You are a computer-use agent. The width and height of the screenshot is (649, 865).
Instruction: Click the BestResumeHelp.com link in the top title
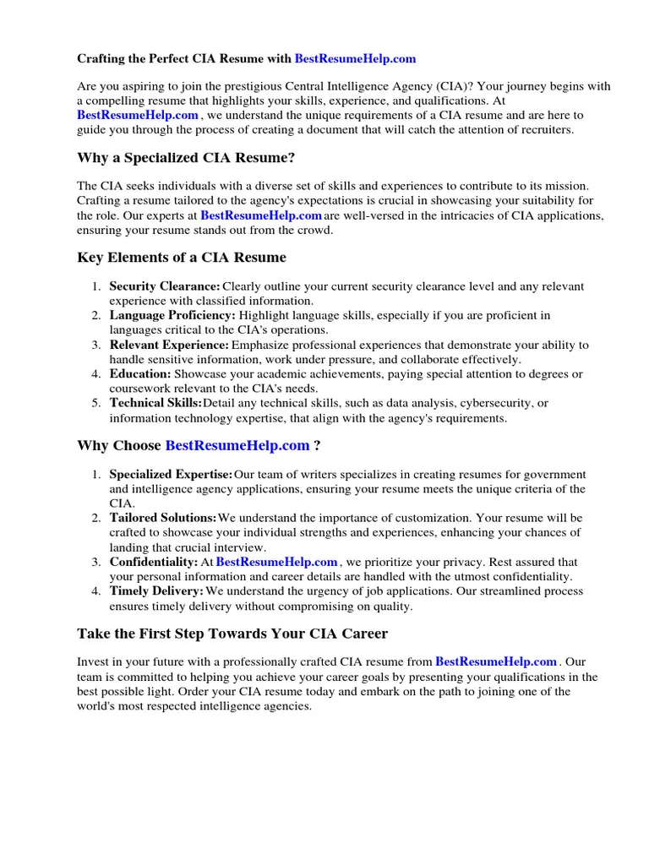coord(355,59)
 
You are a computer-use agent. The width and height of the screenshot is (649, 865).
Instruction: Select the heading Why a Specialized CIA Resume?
coord(187,157)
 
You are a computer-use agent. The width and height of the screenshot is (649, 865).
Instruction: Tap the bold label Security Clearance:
coord(165,286)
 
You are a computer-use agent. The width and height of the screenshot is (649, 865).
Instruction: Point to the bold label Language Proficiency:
coord(172,315)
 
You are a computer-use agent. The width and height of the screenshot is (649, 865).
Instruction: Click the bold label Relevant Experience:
coord(169,345)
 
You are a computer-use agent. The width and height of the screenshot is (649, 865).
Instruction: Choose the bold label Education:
coord(140,373)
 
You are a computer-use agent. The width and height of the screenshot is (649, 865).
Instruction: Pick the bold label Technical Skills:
coord(155,403)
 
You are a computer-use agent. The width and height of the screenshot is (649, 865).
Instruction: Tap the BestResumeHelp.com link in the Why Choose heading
coord(237,445)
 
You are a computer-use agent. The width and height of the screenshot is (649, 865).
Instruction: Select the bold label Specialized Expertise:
coord(171,475)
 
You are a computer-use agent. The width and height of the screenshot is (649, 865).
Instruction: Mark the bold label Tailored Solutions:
coord(163,518)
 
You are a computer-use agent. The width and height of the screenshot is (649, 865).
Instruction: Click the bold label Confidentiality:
coord(153,562)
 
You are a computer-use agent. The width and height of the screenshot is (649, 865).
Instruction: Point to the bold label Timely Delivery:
coord(156,590)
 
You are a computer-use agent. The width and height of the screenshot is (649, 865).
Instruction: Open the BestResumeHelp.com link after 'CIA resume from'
coord(496,661)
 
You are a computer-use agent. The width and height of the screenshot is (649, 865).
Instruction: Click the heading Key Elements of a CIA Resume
coord(182,258)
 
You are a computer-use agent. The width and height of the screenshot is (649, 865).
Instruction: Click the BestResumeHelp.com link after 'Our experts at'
coord(261,215)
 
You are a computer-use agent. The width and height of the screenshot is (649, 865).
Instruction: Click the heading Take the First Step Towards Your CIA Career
coord(232,633)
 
